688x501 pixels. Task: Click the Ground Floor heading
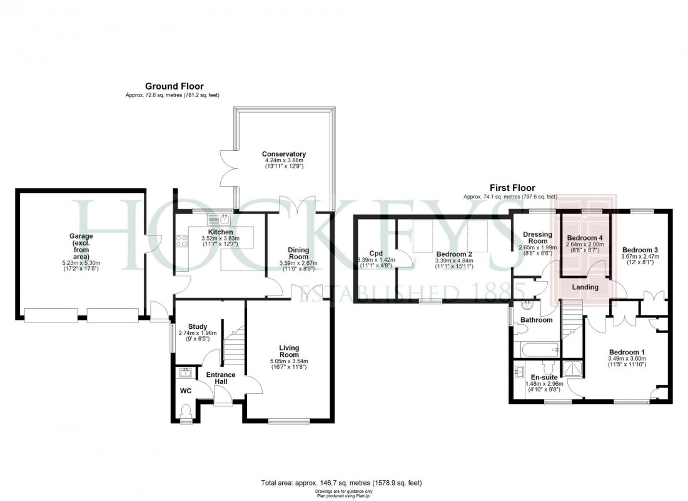pos(174,86)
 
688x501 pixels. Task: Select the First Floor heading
pos(512,188)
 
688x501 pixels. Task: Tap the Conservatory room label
pos(284,154)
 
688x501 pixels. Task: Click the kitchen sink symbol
pos(224,219)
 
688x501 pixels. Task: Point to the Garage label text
pos(81,236)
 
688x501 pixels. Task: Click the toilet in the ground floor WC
pos(186,412)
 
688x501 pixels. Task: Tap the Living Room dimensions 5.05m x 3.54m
pos(289,361)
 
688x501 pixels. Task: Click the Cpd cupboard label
pos(376,253)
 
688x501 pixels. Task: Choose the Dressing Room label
pos(537,238)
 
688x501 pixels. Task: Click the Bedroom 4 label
pos(584,239)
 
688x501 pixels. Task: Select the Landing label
pos(585,287)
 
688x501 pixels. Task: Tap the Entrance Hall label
pos(221,378)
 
